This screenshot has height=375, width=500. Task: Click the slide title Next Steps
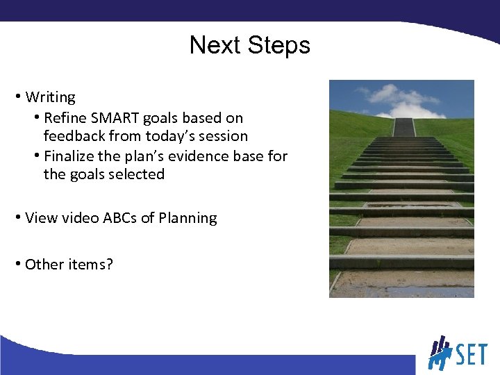(x=249, y=46)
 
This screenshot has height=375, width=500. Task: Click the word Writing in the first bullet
(x=50, y=97)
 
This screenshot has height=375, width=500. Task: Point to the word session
(x=222, y=136)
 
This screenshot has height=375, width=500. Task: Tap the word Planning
(x=187, y=218)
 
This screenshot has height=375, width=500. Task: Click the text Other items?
(x=68, y=265)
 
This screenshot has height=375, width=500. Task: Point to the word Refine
(x=65, y=118)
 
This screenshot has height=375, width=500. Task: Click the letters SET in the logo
(x=472, y=355)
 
